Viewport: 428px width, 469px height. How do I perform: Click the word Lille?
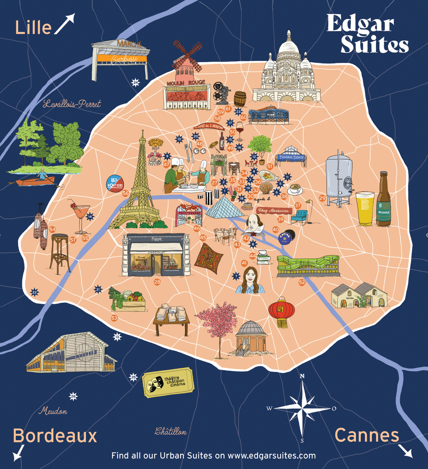point(33,28)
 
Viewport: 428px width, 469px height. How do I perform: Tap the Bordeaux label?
point(55,436)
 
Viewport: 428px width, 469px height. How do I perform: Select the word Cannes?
point(367,435)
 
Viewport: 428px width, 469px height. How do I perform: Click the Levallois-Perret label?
point(72,104)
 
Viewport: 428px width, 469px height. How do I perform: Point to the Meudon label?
point(53,411)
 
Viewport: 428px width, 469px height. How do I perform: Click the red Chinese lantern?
point(281,312)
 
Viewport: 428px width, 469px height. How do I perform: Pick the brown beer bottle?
point(384,202)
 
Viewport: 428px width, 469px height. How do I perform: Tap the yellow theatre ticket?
point(168,382)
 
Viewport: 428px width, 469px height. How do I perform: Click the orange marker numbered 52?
point(302,282)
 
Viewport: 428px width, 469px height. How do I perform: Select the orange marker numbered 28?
point(157,282)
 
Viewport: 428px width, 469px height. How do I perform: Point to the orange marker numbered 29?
point(322,198)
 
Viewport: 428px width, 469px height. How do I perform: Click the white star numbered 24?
point(136,82)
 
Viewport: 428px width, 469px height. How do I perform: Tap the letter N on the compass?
point(302,376)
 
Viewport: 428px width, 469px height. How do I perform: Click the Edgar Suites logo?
point(367,33)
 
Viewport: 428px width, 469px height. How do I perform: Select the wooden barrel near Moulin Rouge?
point(240,98)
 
